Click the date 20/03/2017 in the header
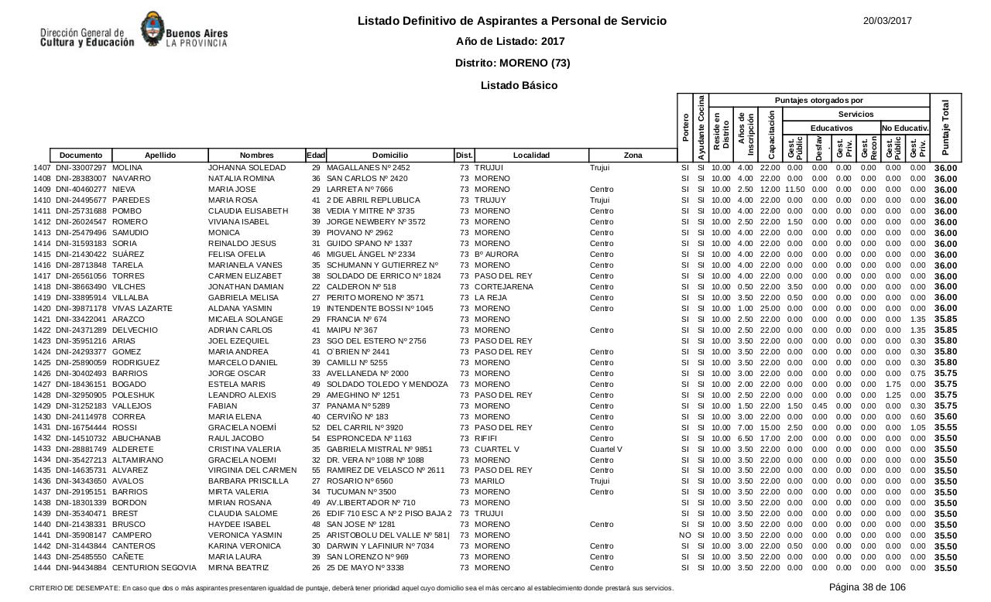coord(887,21)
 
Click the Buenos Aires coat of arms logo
coord(150,30)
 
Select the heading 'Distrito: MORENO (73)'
coord(513,63)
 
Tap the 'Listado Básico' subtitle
coord(519,85)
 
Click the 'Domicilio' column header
coord(389,156)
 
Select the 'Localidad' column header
coord(531,156)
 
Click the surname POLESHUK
coord(133,395)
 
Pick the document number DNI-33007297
coord(81,168)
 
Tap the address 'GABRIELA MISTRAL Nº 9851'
coord(379,450)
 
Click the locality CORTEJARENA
coord(504,287)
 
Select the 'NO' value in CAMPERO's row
coord(684,536)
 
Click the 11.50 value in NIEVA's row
coord(794,190)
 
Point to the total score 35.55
coord(945,428)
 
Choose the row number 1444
coord(42,569)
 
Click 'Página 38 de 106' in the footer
coord(867,587)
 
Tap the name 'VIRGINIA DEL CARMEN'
coord(252,471)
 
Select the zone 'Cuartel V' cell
coord(606,450)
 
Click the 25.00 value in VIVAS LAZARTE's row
coord(770,309)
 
